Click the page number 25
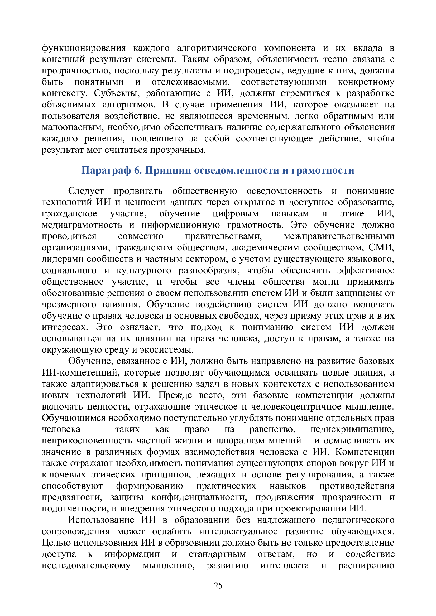click(218, 586)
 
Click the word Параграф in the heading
click(106, 170)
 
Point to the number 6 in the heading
click(137, 170)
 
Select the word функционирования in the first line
click(84, 48)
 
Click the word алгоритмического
click(217, 48)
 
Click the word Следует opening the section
click(86, 191)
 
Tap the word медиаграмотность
click(82, 225)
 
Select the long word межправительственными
click(339, 236)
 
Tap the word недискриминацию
click(352, 429)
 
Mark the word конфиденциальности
click(199, 497)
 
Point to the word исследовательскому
click(86, 565)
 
